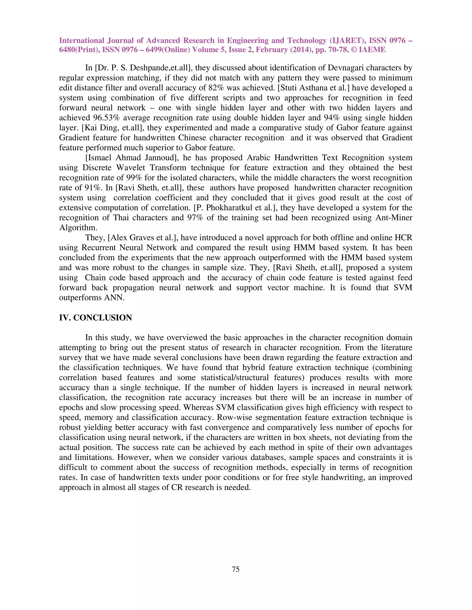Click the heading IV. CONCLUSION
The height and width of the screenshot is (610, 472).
tap(95, 318)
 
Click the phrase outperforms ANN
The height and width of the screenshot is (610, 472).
tap(91, 297)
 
